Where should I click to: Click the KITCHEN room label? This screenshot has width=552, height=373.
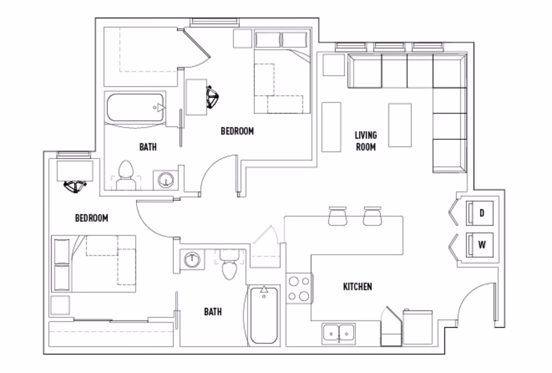click(357, 286)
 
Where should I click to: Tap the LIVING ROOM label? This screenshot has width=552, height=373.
click(366, 141)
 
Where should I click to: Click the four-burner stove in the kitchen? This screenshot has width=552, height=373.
click(298, 289)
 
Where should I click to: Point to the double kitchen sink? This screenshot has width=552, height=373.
click(338, 333)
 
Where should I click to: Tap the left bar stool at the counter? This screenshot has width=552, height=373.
click(337, 216)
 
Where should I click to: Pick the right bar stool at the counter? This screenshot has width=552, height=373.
click(372, 216)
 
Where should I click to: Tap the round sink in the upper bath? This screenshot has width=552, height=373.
click(165, 180)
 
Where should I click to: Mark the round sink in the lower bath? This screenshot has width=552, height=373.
click(191, 259)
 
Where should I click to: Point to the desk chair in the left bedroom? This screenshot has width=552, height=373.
click(74, 186)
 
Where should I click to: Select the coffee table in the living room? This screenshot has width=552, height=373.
click(400, 125)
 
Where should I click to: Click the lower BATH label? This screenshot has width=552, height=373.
click(213, 311)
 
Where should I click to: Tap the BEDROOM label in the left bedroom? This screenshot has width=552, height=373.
click(92, 218)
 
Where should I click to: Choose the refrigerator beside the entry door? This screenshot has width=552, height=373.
click(417, 329)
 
